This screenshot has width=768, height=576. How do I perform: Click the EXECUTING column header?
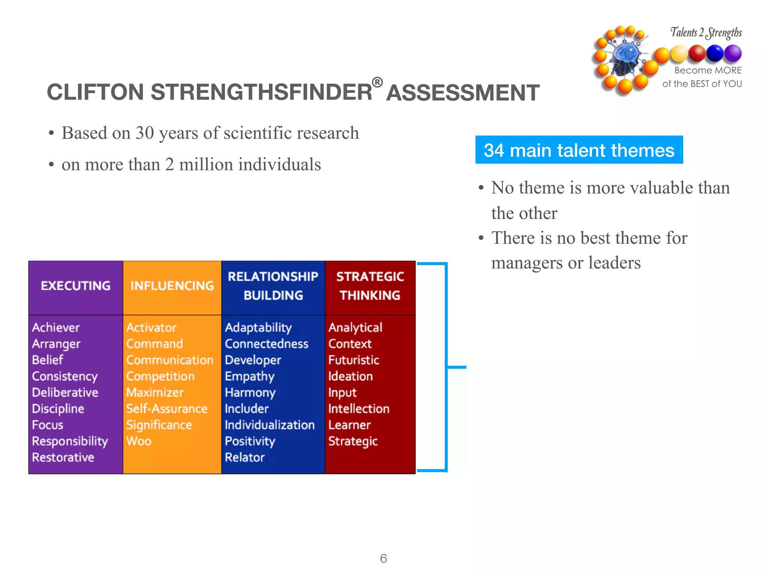click(x=75, y=286)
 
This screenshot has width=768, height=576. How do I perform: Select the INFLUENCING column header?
click(x=172, y=286)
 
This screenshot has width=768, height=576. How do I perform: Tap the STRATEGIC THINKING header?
click(x=370, y=286)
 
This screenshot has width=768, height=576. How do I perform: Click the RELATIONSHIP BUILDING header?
click(x=273, y=286)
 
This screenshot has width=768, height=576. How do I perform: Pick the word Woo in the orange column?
click(x=139, y=441)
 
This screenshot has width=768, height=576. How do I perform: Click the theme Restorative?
click(x=63, y=457)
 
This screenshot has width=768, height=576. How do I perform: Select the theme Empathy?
click(x=250, y=376)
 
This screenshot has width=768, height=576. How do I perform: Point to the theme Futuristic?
click(x=354, y=360)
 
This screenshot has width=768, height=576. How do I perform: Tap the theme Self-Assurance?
click(x=166, y=409)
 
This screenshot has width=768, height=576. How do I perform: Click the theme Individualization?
click(x=270, y=425)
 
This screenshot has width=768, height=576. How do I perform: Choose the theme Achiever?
click(x=56, y=327)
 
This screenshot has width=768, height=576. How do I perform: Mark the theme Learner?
click(x=349, y=425)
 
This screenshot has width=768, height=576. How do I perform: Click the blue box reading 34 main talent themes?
click(x=579, y=150)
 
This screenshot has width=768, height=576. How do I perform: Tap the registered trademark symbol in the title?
click(x=377, y=82)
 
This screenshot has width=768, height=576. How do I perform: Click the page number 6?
click(x=383, y=558)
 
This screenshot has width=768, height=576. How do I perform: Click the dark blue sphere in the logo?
click(x=715, y=53)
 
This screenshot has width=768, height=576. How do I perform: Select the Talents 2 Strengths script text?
click(x=706, y=33)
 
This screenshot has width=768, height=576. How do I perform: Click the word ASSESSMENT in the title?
click(x=463, y=93)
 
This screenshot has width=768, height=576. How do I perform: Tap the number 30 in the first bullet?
click(x=145, y=133)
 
